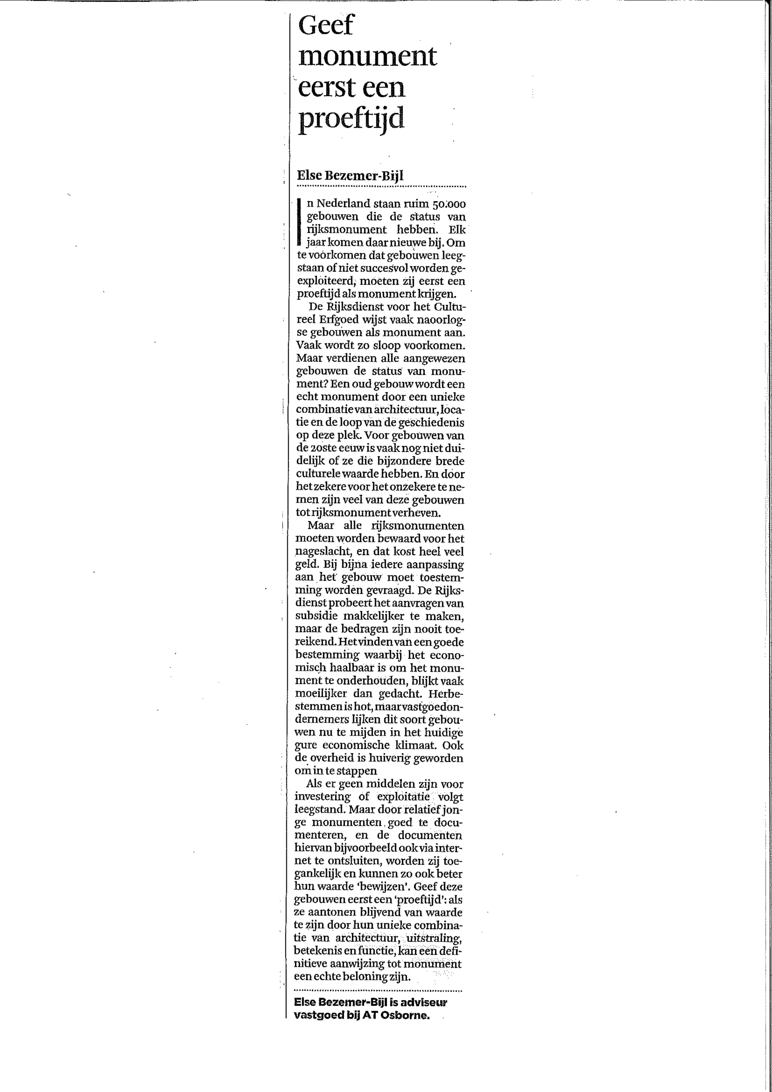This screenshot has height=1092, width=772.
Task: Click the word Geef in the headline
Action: tap(326, 25)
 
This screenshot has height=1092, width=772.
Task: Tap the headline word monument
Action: tap(367, 56)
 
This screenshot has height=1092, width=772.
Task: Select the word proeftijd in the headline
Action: tap(351, 118)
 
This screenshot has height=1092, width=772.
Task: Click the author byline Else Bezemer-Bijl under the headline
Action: tap(350, 175)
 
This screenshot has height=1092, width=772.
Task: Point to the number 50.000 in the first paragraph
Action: tap(449, 204)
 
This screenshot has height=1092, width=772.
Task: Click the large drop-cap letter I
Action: tap(299, 222)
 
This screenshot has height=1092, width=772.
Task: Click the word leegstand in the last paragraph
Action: tap(317, 809)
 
